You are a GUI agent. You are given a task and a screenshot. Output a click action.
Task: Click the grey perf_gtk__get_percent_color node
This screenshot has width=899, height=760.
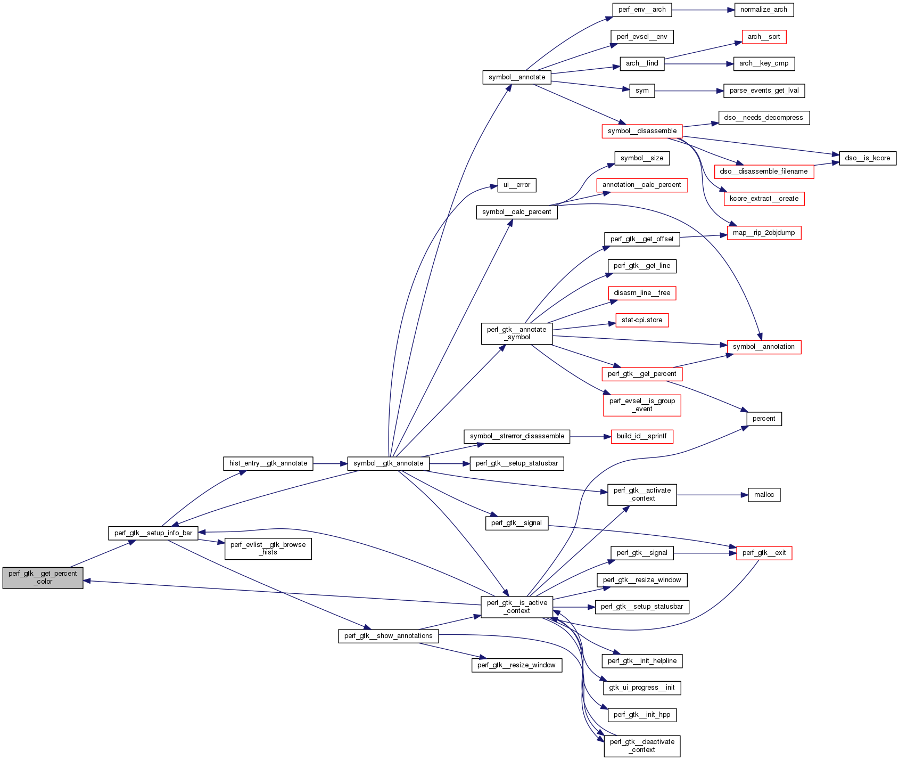[43, 578]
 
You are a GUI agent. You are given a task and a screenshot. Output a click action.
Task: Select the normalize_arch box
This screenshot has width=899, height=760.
[764, 10]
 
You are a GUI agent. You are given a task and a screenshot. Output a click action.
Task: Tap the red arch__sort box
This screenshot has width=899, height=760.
[764, 37]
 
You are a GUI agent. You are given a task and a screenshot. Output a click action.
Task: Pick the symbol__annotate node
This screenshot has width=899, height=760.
[517, 77]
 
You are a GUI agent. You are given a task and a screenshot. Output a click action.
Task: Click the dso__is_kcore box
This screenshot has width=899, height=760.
[868, 158]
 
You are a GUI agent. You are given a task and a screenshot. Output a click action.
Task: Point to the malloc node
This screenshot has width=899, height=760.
[764, 495]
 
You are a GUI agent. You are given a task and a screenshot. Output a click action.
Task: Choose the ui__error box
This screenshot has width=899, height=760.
[517, 185]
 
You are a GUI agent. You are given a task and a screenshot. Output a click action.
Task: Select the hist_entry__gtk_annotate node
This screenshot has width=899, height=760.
[268, 463]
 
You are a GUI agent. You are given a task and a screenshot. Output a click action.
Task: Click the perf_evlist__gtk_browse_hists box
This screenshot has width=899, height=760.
[268, 549]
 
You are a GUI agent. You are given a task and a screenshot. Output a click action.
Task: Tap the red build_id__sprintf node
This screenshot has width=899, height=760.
[642, 436]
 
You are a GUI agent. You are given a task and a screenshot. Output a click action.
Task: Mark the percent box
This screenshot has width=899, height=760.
[764, 419]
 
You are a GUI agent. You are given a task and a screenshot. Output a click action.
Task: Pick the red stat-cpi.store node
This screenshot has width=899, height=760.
[642, 320]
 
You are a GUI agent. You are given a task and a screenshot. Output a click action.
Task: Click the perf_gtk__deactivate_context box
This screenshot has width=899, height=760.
[642, 746]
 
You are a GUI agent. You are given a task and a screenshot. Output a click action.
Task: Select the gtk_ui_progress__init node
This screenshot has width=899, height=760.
[642, 688]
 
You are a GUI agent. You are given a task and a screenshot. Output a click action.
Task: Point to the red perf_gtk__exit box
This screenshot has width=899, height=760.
[764, 553]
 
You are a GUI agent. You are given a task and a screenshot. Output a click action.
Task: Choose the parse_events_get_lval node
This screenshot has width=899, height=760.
[764, 91]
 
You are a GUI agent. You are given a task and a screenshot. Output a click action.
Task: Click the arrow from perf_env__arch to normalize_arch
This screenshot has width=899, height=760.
[703, 10]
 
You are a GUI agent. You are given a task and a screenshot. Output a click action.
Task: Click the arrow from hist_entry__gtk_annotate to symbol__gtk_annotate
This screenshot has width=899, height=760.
[330, 463]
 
